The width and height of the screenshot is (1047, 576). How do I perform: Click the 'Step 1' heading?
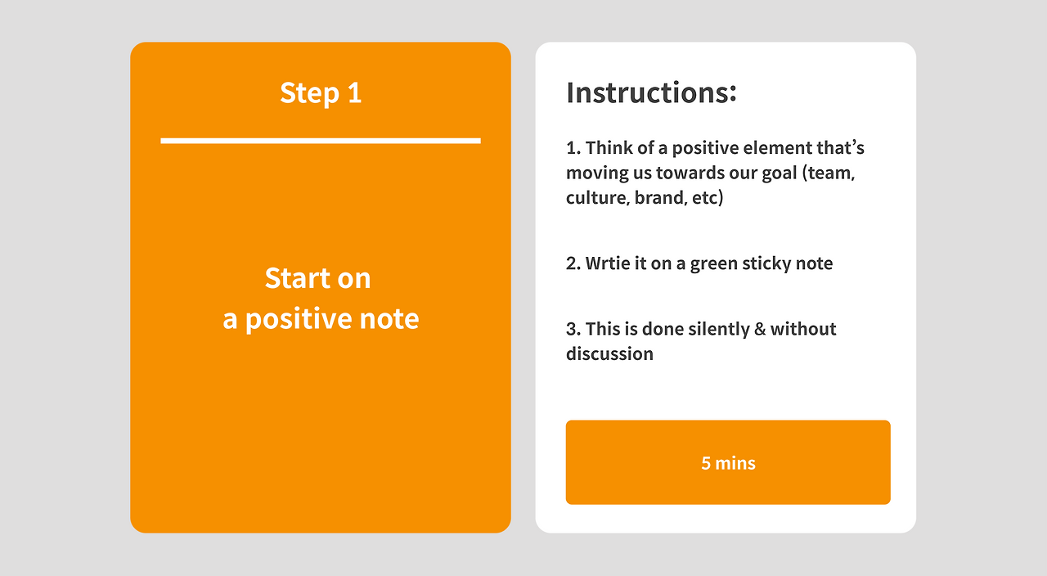click(x=321, y=93)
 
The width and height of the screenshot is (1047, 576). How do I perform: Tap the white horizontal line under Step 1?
click(x=321, y=141)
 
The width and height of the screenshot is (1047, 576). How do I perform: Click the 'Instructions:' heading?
click(x=651, y=92)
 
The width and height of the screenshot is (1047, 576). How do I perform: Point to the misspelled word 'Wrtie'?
click(x=608, y=263)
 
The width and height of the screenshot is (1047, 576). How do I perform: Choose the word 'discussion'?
click(x=609, y=354)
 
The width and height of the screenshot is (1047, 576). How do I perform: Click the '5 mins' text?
click(x=728, y=463)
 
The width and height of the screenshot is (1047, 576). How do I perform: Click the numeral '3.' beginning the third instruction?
click(x=573, y=329)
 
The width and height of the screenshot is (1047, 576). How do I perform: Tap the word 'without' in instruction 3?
click(x=803, y=329)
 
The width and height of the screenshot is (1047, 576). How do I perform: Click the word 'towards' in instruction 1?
click(x=684, y=173)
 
